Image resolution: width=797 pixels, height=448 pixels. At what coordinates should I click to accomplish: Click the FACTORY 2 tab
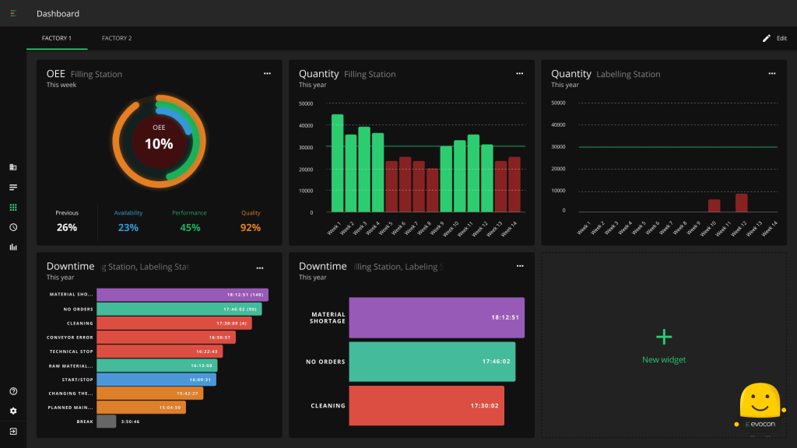[117, 38]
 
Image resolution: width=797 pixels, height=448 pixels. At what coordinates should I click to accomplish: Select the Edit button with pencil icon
[774, 38]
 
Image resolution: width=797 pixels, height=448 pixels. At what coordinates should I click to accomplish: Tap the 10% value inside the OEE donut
[159, 144]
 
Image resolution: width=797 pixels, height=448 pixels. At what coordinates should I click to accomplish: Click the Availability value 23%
[128, 228]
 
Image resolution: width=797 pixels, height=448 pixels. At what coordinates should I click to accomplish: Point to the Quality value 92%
[251, 228]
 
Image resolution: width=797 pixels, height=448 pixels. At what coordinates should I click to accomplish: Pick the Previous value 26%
[67, 228]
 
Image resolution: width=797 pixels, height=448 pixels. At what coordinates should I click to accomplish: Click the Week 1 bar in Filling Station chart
[337, 163]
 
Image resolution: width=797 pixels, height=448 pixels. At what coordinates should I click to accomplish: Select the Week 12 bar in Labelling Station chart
[741, 203]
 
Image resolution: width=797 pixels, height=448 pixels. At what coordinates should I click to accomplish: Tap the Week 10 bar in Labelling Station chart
[714, 205]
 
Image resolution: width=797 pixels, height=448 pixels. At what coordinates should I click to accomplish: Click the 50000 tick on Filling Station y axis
[306, 103]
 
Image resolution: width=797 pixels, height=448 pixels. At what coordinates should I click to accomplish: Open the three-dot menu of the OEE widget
[267, 73]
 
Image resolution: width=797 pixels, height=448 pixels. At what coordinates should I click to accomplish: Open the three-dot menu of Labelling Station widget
[771, 73]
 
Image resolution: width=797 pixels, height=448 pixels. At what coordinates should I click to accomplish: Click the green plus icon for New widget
[664, 337]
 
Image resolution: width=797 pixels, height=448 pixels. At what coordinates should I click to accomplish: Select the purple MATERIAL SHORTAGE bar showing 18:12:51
[437, 317]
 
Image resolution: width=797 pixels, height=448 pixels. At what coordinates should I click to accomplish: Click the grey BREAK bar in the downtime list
[107, 422]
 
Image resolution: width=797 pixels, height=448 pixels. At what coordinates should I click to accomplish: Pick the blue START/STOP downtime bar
[156, 380]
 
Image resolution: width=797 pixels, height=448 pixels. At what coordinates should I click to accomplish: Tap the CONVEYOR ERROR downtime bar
[166, 337]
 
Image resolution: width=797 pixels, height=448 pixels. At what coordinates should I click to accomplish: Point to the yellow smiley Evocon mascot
[759, 401]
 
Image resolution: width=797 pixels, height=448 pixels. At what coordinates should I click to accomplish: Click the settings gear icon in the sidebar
[13, 411]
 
